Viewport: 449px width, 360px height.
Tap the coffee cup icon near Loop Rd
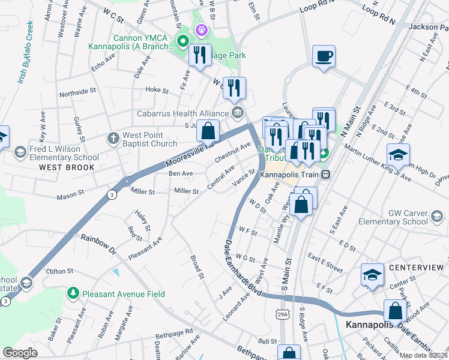(324, 56)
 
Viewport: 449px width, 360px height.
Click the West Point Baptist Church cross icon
(112, 138)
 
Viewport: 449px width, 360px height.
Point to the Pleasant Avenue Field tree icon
(73, 293)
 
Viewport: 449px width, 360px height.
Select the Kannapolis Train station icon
(325, 174)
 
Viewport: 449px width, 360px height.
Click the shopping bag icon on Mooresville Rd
(208, 130)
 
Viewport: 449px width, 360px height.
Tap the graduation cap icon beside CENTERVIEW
(372, 275)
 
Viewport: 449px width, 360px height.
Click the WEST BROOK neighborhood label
(67, 167)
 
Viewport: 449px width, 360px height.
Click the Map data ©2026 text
(423, 355)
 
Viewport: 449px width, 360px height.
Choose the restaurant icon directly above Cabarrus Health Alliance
(234, 88)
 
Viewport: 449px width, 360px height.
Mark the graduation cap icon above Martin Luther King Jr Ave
(398, 155)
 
